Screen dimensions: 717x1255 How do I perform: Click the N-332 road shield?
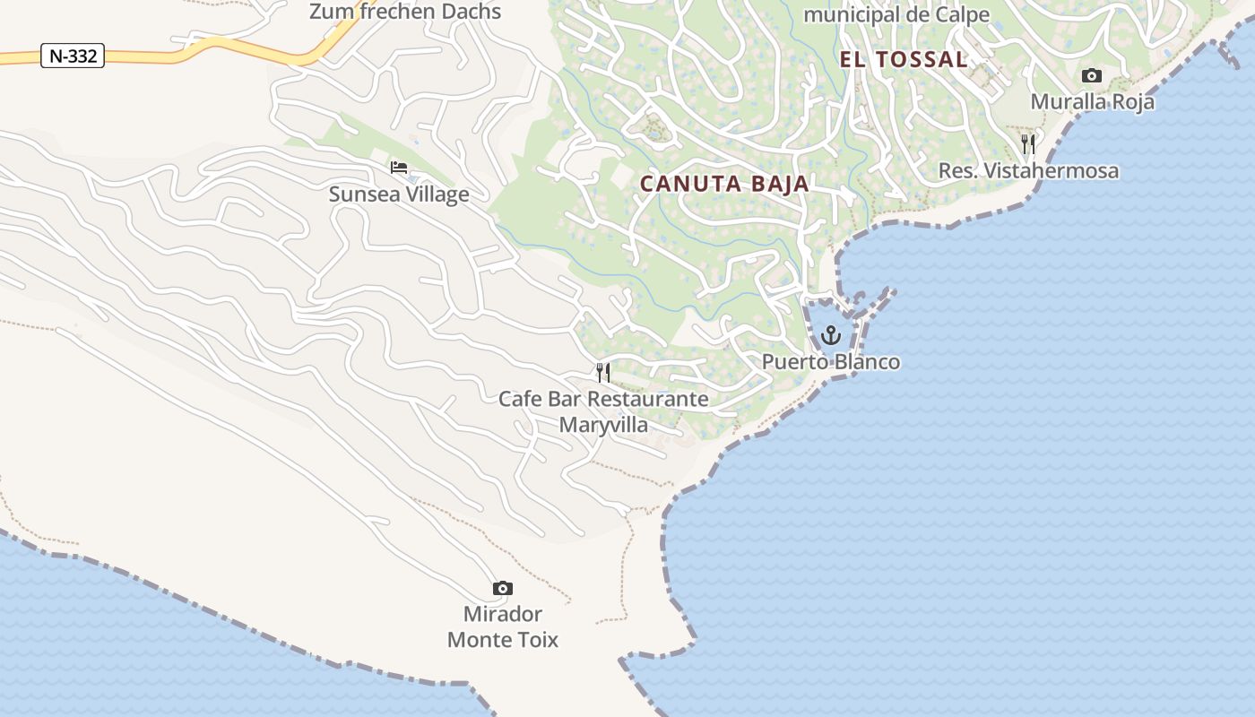[x=73, y=56]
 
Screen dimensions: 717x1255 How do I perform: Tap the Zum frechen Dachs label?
[x=405, y=12]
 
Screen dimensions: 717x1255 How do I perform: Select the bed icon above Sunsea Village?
[x=399, y=168]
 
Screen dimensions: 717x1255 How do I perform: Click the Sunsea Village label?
[x=399, y=194]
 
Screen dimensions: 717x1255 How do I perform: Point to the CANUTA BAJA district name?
[x=724, y=184]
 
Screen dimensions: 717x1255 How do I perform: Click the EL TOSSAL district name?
[x=904, y=60]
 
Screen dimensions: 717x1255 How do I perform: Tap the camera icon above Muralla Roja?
[x=1091, y=75]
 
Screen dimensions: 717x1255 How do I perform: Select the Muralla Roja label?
[x=1092, y=101]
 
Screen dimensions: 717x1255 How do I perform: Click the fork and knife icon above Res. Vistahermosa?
[x=1028, y=143]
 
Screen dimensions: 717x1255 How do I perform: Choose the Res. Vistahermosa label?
[x=1028, y=170]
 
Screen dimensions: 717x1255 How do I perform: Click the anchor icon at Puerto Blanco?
[x=831, y=336]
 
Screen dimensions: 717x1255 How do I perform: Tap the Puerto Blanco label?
[x=831, y=362]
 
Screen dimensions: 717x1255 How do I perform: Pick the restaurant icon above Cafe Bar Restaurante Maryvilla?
[x=603, y=372]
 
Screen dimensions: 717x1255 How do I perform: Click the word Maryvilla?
[x=603, y=424]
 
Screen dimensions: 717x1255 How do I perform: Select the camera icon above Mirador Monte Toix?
[x=503, y=589]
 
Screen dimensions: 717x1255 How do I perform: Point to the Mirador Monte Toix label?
[x=503, y=626]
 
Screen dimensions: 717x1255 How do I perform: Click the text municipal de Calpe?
[x=896, y=14]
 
